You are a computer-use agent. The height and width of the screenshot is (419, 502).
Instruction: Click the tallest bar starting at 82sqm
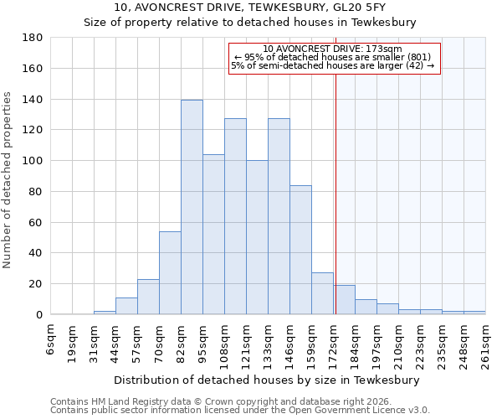(x=192, y=207)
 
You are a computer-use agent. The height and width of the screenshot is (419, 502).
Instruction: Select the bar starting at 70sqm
(x=170, y=272)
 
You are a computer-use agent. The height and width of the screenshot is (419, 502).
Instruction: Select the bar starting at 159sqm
(x=322, y=293)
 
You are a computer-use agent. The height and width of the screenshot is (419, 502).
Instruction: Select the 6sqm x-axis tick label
(x=51, y=339)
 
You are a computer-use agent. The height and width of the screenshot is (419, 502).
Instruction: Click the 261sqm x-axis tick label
(x=486, y=344)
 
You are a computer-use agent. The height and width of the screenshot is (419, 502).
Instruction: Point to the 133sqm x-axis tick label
(x=269, y=344)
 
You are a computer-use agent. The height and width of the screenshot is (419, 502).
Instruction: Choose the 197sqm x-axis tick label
(x=377, y=344)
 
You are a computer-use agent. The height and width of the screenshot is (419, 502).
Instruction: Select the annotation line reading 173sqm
(x=333, y=49)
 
